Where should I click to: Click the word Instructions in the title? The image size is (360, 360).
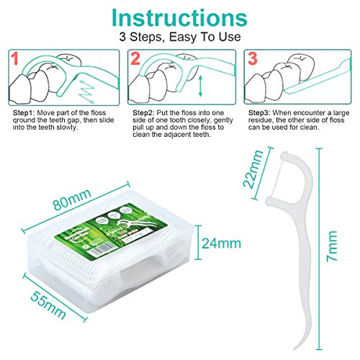click(x=179, y=17)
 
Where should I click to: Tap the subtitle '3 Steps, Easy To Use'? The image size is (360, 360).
click(x=179, y=36)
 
